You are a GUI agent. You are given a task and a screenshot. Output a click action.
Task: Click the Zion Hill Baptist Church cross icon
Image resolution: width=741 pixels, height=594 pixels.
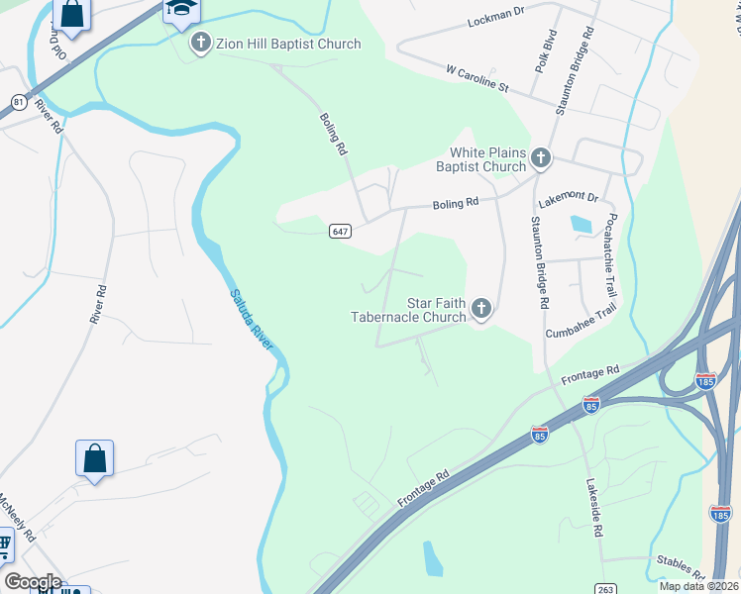(201, 44)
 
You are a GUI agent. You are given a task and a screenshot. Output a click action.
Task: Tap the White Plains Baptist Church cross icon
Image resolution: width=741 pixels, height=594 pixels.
(541, 157)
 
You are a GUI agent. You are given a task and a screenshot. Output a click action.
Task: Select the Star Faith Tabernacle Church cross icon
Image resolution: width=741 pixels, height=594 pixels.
(481, 310)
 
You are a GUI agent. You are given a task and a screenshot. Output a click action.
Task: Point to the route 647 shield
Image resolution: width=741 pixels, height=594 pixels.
(340, 231)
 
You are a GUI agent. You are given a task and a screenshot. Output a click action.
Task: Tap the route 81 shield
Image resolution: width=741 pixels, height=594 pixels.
(18, 102)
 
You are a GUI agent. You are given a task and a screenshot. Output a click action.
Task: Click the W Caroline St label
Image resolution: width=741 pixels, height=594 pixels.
(476, 80)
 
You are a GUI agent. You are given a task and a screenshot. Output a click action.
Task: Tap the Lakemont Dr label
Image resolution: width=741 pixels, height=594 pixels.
(569, 198)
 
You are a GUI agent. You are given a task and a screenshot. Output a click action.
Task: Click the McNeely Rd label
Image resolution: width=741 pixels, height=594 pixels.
(18, 515)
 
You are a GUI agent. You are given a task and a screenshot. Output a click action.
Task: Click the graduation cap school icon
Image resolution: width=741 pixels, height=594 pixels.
(180, 9)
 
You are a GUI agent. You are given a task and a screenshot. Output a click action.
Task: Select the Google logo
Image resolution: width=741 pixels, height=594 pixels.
(32, 582)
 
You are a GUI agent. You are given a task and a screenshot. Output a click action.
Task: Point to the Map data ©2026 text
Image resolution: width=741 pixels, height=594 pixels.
(697, 586)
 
